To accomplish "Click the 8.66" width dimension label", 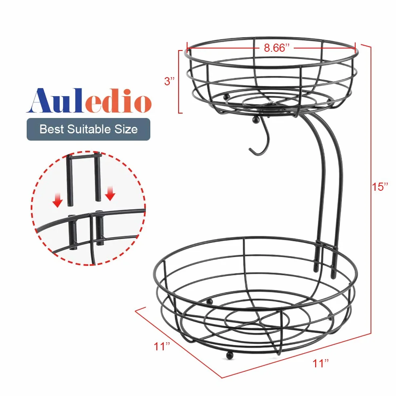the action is click(x=276, y=48).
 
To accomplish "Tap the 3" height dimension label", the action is click(x=169, y=81).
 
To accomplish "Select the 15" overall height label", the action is click(x=379, y=186).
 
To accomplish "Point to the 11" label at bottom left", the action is click(x=162, y=346).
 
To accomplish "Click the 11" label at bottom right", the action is click(x=320, y=363).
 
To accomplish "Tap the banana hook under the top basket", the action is click(x=260, y=141).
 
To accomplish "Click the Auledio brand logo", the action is click(x=89, y=100).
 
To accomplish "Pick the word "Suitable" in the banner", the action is click(x=89, y=129).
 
